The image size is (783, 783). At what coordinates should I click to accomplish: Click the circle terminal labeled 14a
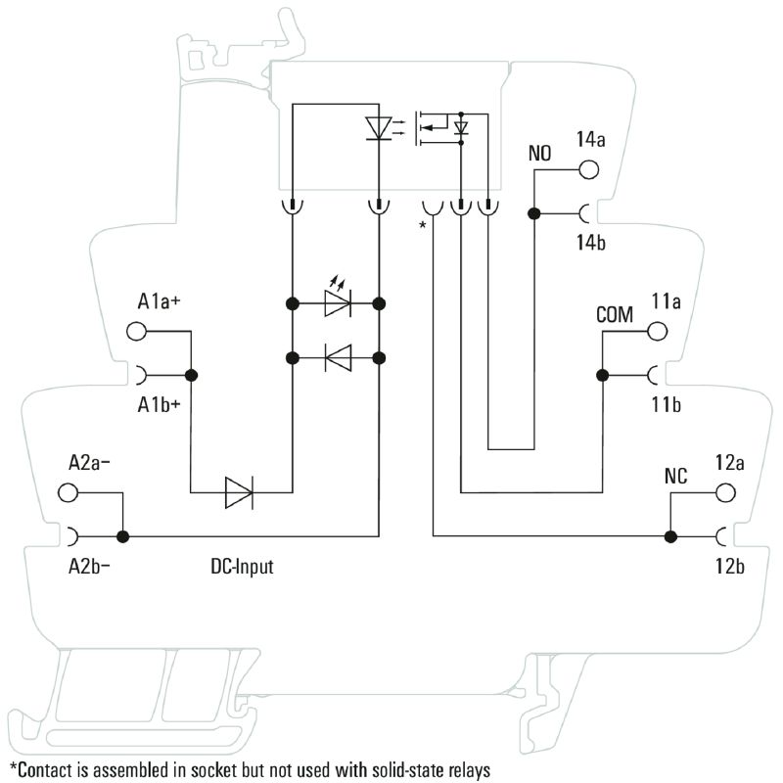pos(588,168)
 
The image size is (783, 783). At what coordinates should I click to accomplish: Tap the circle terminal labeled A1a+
pos(137,333)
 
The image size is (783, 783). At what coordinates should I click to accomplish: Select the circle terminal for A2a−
pos(69,492)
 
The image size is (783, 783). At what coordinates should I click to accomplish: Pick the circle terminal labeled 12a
pos(725,490)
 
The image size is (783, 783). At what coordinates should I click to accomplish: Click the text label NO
pos(539,154)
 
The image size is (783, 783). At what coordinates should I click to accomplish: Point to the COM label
pos(615,315)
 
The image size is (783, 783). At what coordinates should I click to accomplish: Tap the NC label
pos(675,477)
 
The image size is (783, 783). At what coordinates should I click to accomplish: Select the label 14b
pos(591,243)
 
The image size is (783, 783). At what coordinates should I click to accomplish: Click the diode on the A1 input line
pos(240,492)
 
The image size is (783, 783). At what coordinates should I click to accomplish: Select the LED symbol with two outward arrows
pos(338,303)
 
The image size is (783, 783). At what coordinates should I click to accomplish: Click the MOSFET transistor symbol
pos(431,127)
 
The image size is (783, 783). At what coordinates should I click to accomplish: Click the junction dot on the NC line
pos(670,536)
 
